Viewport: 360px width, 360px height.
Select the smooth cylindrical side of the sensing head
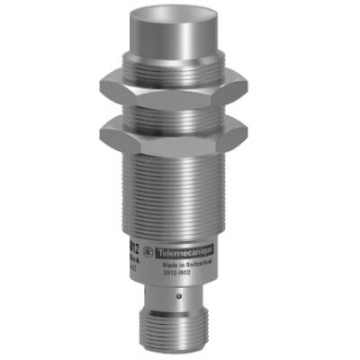pyautogui.click(x=180, y=49)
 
